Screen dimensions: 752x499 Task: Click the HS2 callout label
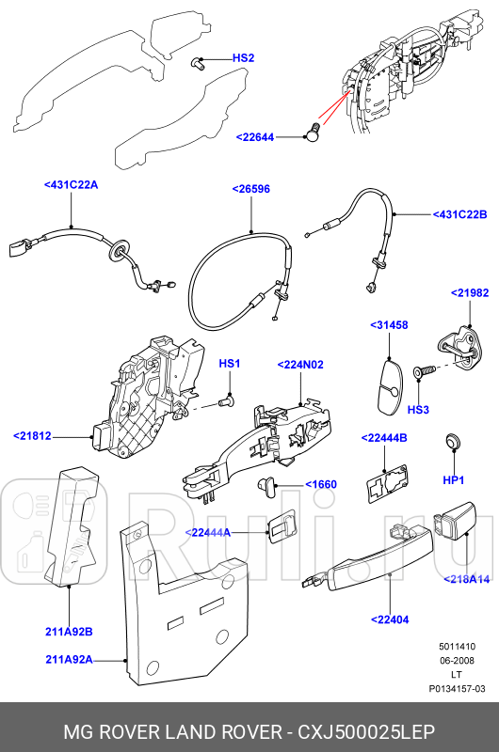[x=243, y=58]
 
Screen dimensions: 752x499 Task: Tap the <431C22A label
[x=71, y=185]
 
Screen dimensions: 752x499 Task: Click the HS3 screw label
[x=418, y=410]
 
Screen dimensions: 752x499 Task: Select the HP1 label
[x=453, y=480]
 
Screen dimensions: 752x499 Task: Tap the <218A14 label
[x=466, y=579]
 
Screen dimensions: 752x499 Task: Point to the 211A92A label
[x=69, y=660]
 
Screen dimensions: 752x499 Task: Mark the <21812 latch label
[x=33, y=435]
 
